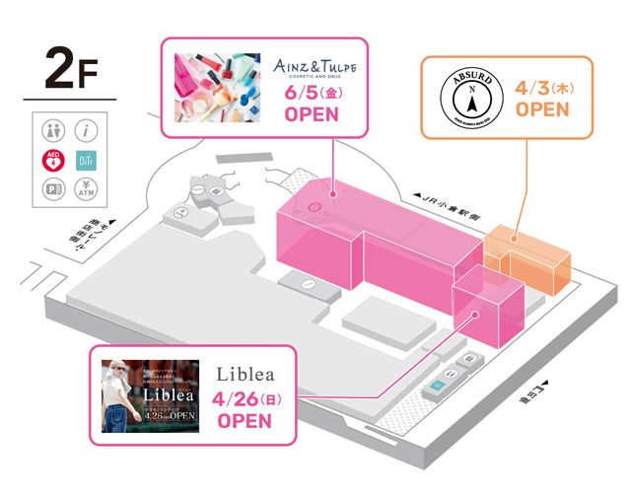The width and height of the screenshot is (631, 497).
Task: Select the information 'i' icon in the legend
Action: [x=86, y=130]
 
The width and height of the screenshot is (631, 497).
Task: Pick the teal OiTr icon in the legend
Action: [x=86, y=160]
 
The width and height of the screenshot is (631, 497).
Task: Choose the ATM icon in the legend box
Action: [x=86, y=188]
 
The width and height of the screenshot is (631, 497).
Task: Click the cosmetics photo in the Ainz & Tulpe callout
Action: [x=217, y=87]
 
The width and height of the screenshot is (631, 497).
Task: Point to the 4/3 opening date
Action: [x=543, y=88]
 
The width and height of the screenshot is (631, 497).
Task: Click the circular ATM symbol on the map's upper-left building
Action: [x=183, y=209]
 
